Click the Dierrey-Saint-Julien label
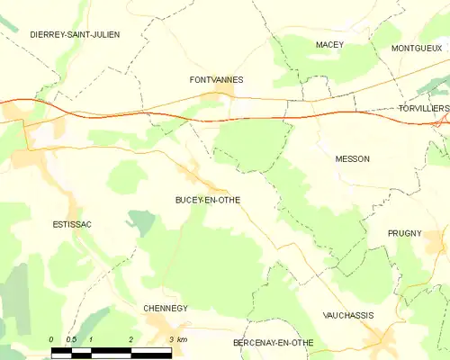62,34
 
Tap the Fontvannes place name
212,79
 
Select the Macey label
330,44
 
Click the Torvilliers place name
423,108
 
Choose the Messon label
352,158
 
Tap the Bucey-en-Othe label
208,200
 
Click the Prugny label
405,233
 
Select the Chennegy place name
166,308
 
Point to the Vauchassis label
348,315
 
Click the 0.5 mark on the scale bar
71,339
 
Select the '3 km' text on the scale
177,339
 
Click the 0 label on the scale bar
52,339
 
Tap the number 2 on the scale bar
131,339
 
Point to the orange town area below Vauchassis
382,339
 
